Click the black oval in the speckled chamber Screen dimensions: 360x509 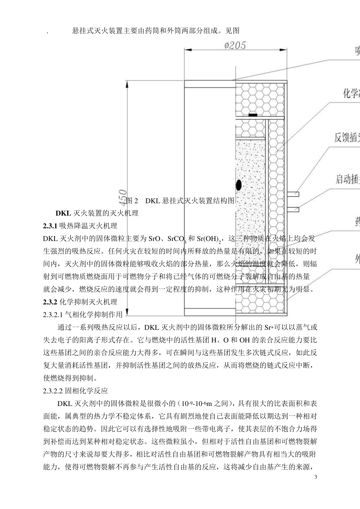pyautogui.click(x=239, y=185)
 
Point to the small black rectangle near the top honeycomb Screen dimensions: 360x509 pyautogui.click(x=252, y=114)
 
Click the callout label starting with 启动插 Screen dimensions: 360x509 pyautogui.click(x=347, y=179)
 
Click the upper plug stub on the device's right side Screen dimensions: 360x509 pyautogui.click(x=293, y=194)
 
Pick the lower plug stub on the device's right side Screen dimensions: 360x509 pyautogui.click(x=293, y=209)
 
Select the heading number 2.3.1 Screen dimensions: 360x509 pyautogui.click(x=50, y=226)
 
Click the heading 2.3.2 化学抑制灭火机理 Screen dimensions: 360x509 pyautogui.click(x=80, y=302)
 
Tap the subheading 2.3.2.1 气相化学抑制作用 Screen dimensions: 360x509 pyautogui.click(x=83, y=314)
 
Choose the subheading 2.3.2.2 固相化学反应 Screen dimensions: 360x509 pyautogui.click(x=76, y=390)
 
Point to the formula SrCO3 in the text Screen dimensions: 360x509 pyautogui.click(x=177, y=239)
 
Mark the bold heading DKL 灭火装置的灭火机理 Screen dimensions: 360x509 pyautogui.click(x=97, y=213)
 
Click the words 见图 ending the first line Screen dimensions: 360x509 pyautogui.click(x=232, y=31)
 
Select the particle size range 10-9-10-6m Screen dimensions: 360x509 pyautogui.click(x=200, y=403)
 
